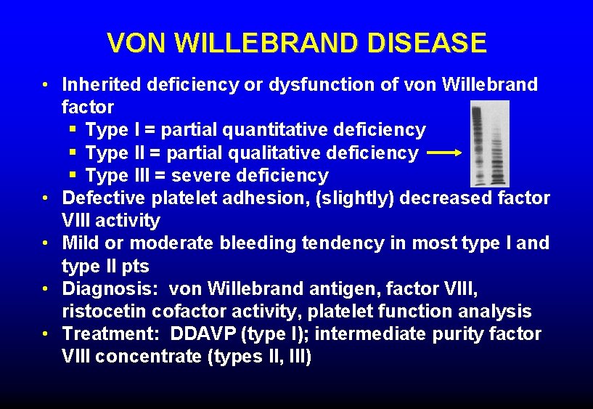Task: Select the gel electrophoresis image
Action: coord(489,143)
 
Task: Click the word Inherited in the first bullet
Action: coord(102,85)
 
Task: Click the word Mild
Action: coord(79,243)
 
